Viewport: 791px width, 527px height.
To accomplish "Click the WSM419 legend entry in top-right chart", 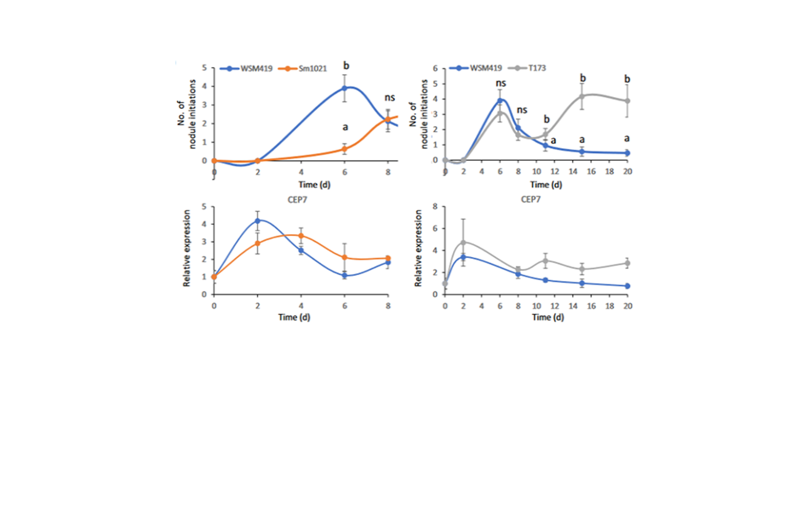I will click(x=477, y=68).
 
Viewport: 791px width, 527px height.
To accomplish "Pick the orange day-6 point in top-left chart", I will click(x=345, y=149).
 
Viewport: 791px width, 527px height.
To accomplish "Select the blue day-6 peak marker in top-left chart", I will click(x=345, y=89).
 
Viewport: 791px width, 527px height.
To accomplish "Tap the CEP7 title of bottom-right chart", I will click(x=538, y=198).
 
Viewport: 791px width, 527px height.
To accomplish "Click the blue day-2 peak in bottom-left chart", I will click(x=258, y=221).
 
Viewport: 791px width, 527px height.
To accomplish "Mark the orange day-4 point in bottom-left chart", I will click(x=301, y=236).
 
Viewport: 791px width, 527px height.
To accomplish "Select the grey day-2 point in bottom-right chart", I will click(x=463, y=242).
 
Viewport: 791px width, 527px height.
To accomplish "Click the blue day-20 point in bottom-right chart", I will click(x=627, y=286).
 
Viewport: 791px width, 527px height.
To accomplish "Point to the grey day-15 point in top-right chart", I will click(x=582, y=96).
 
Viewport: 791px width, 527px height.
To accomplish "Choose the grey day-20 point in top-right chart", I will click(x=627, y=100).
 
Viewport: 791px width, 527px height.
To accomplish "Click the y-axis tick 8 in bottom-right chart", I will click(x=435, y=207).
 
